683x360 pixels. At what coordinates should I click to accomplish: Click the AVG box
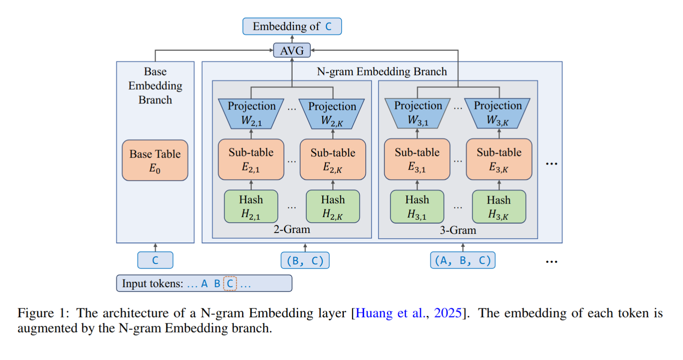click(292, 50)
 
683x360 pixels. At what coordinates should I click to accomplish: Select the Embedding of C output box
click(292, 26)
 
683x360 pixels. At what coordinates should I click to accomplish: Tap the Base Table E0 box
click(155, 160)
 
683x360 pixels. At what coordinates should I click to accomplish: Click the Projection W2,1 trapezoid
click(251, 114)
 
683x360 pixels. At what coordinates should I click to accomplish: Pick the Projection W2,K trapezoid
click(332, 114)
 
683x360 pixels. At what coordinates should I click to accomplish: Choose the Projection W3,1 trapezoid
click(418, 113)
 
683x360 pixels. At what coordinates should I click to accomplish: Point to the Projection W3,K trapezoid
click(498, 113)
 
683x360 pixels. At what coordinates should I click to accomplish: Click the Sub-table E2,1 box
click(251, 159)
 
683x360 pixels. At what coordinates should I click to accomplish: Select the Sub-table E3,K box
click(499, 159)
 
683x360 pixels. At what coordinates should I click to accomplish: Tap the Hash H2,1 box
click(251, 207)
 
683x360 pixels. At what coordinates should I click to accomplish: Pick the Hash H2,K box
click(333, 207)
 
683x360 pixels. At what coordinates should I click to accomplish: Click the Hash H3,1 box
click(417, 207)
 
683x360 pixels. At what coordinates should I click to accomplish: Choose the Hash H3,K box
click(499, 207)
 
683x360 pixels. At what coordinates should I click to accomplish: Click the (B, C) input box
click(305, 261)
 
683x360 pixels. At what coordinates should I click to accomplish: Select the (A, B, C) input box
click(462, 261)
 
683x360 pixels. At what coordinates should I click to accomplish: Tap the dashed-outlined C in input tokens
click(230, 283)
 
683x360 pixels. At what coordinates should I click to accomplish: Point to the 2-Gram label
click(292, 229)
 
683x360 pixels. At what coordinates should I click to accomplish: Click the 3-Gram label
click(458, 230)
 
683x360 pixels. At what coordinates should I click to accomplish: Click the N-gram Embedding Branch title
click(382, 71)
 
